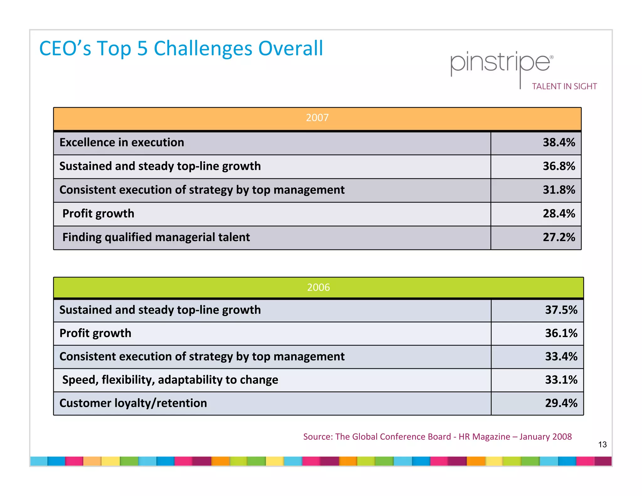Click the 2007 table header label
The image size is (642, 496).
317,118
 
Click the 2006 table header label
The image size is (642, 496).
318,288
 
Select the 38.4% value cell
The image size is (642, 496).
559,143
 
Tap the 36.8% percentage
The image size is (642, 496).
559,166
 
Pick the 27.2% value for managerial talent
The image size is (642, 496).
559,237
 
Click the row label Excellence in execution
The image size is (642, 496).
122,143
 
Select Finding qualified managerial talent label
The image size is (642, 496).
156,237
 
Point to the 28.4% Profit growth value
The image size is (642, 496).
559,214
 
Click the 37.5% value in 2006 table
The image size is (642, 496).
561,310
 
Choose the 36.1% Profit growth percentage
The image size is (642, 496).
561,333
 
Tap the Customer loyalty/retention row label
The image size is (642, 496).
133,403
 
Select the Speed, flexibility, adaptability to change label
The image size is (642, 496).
170,380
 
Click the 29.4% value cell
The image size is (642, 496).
561,403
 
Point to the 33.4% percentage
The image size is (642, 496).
561,357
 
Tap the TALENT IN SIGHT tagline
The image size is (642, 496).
564,87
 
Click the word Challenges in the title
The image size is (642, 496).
203,49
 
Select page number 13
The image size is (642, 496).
602,445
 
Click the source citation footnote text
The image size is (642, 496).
437,437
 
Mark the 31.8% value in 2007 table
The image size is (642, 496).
559,190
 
